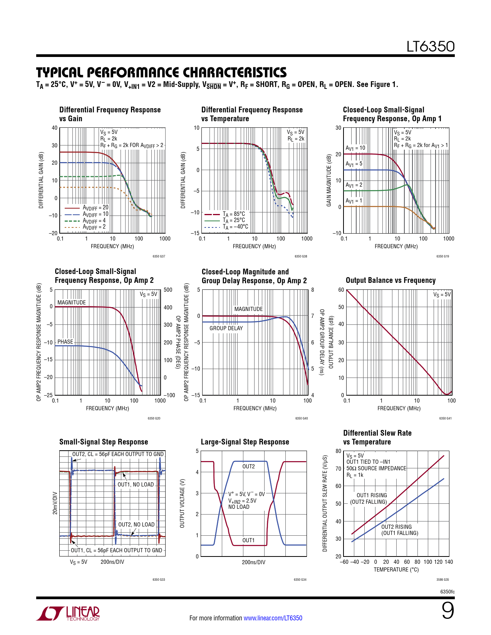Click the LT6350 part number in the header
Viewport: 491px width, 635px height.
[431, 47]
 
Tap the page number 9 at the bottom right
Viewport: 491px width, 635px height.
[447, 610]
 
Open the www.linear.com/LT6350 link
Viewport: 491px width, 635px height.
[273, 618]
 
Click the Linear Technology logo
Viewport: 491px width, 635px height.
[68, 613]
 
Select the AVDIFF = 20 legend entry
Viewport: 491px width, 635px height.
[95, 208]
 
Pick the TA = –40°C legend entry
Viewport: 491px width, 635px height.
[235, 227]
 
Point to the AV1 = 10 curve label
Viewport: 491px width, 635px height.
[355, 148]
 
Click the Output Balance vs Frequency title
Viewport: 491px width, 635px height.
[390, 280]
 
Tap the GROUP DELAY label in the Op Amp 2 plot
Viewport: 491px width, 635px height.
[226, 328]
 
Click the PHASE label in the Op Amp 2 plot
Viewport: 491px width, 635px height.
[65, 342]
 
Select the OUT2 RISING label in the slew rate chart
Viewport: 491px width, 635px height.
[396, 527]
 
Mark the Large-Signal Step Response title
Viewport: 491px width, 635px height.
[245, 442]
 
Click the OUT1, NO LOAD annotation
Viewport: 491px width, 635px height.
[136, 485]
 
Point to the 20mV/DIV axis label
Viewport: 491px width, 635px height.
[55, 503]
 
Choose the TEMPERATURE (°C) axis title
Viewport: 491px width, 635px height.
[396, 570]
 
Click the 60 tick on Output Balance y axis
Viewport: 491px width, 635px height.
[341, 290]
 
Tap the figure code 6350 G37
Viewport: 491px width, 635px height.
[159, 256]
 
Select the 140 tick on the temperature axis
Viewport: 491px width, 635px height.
[449, 562]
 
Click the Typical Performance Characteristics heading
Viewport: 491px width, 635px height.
[161, 72]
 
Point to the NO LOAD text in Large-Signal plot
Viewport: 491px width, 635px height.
[239, 507]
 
